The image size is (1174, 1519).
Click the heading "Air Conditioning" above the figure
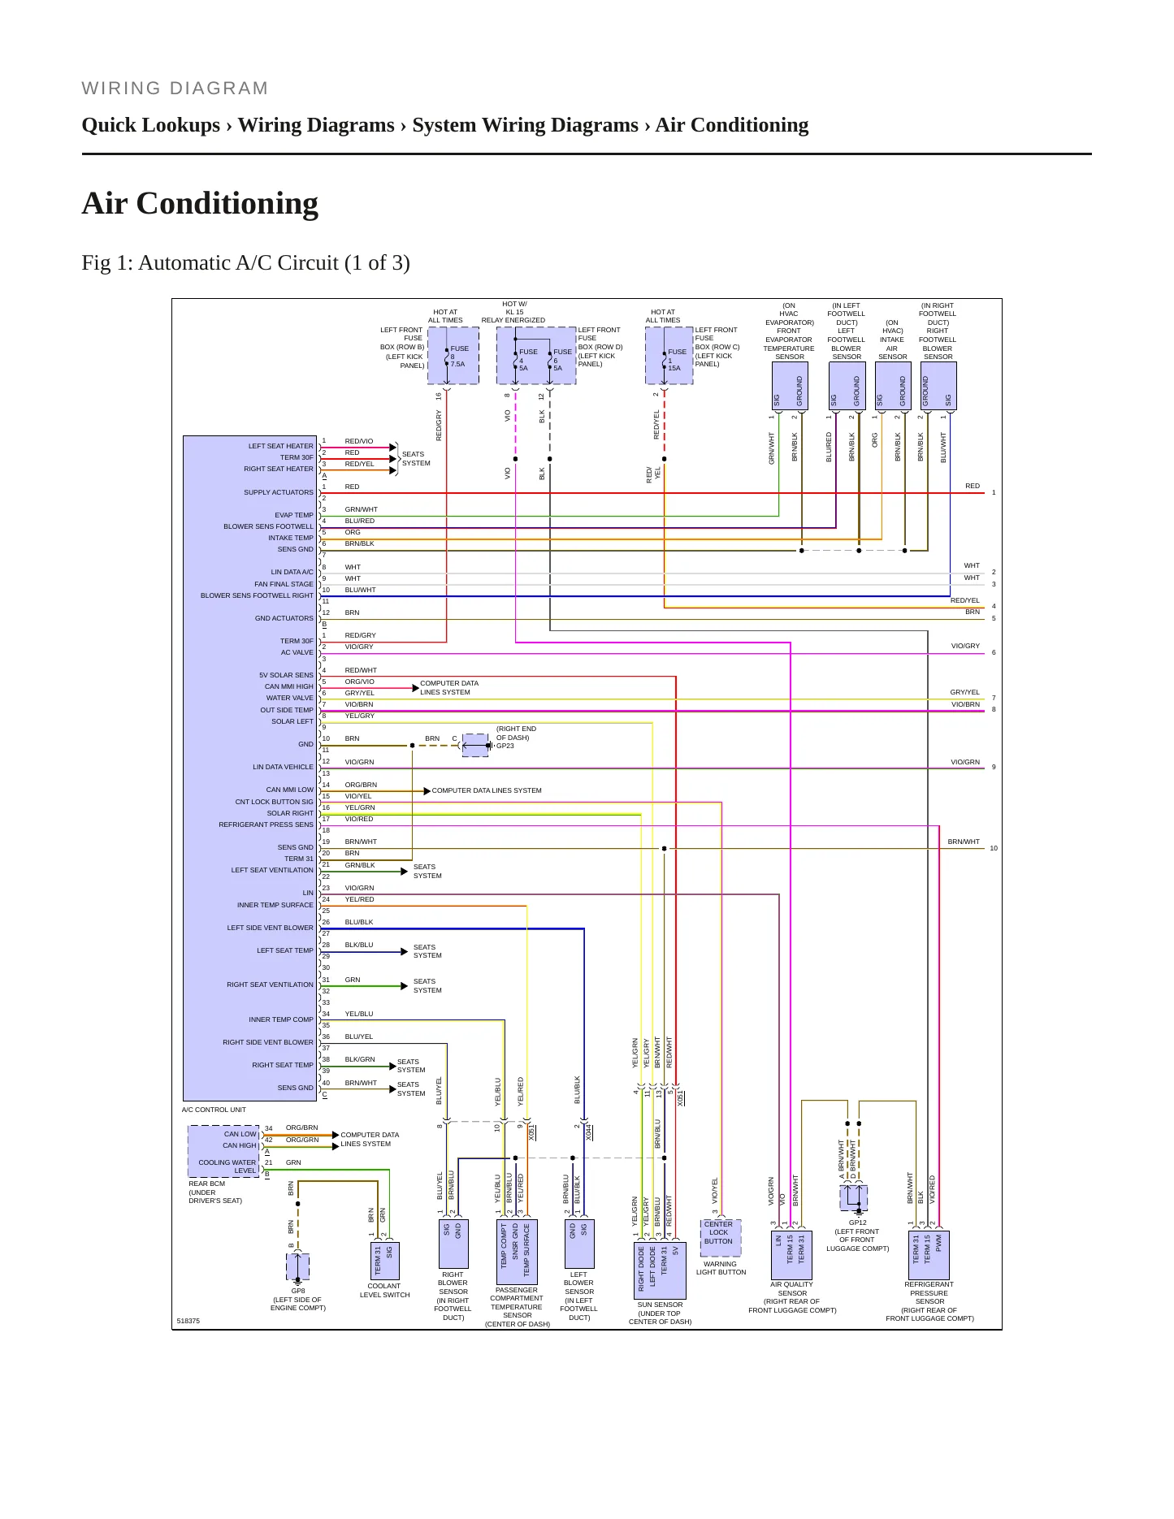click(x=200, y=204)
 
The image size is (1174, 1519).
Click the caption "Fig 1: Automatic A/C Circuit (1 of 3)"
click(x=245, y=263)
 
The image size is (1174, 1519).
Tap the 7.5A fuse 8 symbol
click(x=453, y=356)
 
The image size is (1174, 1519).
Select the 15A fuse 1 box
click(x=669, y=356)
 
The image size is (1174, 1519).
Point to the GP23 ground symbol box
click(x=475, y=745)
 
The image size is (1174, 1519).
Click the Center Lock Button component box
click(x=719, y=1237)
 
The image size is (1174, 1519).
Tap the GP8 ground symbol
click(x=298, y=1267)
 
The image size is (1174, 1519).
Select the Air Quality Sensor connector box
click(x=791, y=1255)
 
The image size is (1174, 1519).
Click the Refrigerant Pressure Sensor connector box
click(x=929, y=1255)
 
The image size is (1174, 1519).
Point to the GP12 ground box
click(x=854, y=1198)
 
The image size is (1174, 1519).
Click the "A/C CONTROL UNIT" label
click(x=214, y=1110)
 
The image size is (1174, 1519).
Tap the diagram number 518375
click(x=188, y=1321)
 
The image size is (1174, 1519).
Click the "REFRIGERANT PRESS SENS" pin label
click(x=266, y=824)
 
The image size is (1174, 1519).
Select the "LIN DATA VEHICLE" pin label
click(x=283, y=767)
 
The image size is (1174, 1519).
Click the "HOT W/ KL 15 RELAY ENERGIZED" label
click(x=513, y=312)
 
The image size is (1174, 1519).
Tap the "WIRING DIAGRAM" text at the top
click(x=175, y=89)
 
